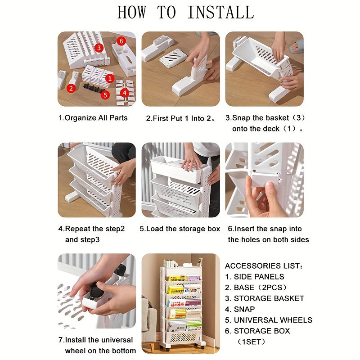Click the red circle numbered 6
click(121, 41)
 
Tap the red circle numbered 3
click(99, 48)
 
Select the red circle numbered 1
click(110, 79)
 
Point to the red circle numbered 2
click(71, 88)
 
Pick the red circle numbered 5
click(105, 95)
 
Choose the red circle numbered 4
click(125, 93)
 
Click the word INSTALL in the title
click(221, 13)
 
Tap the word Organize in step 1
click(81, 118)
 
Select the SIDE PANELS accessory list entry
click(259, 277)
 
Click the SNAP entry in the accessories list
click(244, 309)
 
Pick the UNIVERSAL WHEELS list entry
click(273, 320)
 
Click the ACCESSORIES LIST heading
click(264, 266)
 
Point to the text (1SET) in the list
click(251, 342)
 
